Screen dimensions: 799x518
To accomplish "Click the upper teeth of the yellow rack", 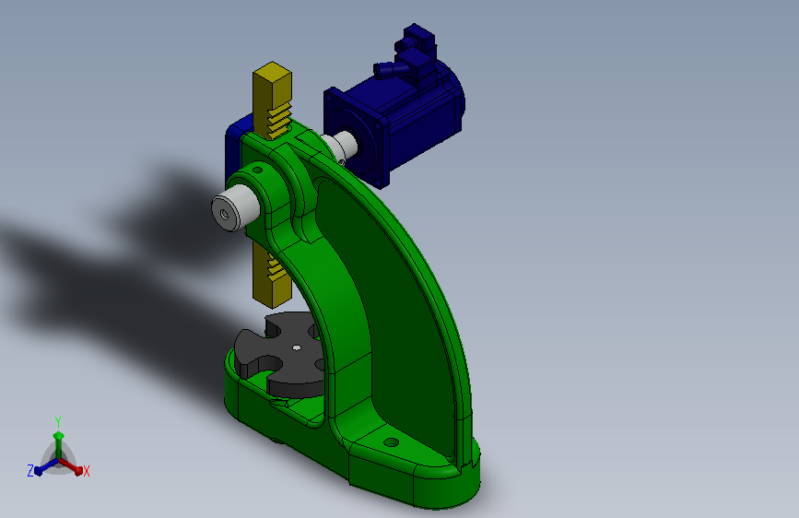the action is coord(280,121).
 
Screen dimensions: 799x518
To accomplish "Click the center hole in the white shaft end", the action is coord(223,214).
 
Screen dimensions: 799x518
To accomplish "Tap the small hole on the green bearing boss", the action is coord(257,171).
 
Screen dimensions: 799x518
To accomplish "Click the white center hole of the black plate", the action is coord(297,348).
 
